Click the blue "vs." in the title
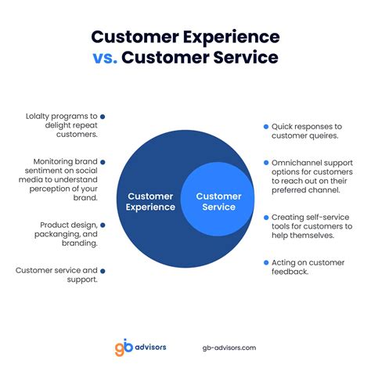105,58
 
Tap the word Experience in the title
232,38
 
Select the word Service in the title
246,57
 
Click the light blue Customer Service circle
218,199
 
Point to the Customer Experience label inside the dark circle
150,201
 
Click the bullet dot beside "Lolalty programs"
103,117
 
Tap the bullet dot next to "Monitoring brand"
103,162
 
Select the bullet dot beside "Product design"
103,225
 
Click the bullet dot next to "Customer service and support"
103,272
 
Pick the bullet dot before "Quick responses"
266,127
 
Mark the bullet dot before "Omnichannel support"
266,163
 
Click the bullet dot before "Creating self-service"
266,218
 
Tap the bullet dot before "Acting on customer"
266,263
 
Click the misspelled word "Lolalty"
36,117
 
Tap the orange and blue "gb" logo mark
124,347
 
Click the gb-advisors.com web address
229,348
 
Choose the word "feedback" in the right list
290,272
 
